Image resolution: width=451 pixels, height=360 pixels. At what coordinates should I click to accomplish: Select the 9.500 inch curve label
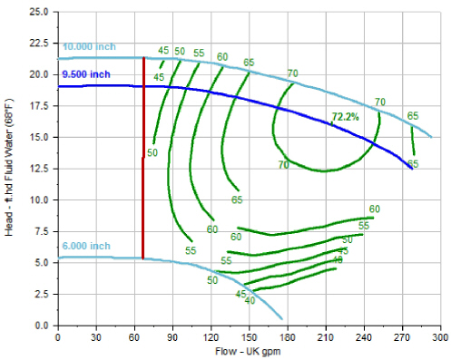coord(86,73)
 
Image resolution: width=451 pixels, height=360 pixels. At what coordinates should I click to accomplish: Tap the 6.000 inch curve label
coord(86,246)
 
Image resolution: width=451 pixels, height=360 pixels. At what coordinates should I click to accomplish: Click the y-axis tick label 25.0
coord(39,13)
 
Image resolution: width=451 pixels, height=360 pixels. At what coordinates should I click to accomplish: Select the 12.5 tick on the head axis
coord(39,169)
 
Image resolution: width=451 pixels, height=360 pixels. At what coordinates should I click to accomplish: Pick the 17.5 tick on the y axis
coord(39,106)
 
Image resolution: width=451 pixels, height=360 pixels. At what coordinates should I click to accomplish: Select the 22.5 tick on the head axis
coord(39,44)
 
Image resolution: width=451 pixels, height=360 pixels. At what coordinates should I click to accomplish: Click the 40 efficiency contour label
coord(250,300)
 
